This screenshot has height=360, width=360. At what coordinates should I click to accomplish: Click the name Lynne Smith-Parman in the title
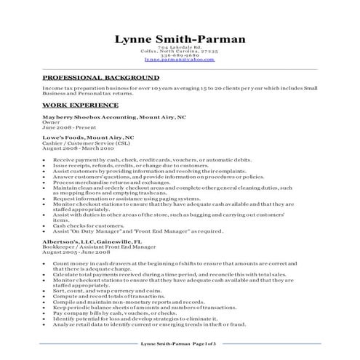click(180, 39)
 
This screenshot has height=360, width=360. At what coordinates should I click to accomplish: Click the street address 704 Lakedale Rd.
click(180, 47)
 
